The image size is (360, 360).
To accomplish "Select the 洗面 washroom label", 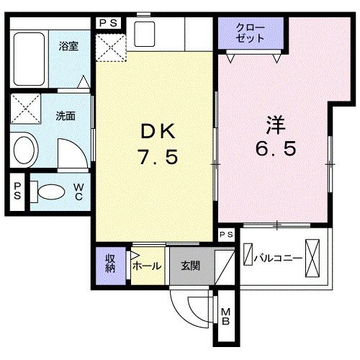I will click(x=66, y=114).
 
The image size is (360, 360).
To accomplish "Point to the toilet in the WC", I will click(x=50, y=192).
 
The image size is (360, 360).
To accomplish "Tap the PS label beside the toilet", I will click(x=17, y=192).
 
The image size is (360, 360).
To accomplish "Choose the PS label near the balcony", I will click(x=226, y=235).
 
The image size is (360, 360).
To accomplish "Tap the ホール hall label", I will click(x=148, y=265).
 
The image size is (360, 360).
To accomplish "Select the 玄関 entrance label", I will click(x=190, y=265).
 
